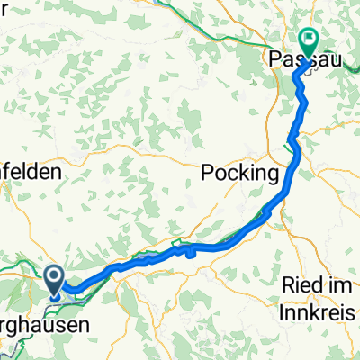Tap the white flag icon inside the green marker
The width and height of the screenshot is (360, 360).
(x=309, y=40)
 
